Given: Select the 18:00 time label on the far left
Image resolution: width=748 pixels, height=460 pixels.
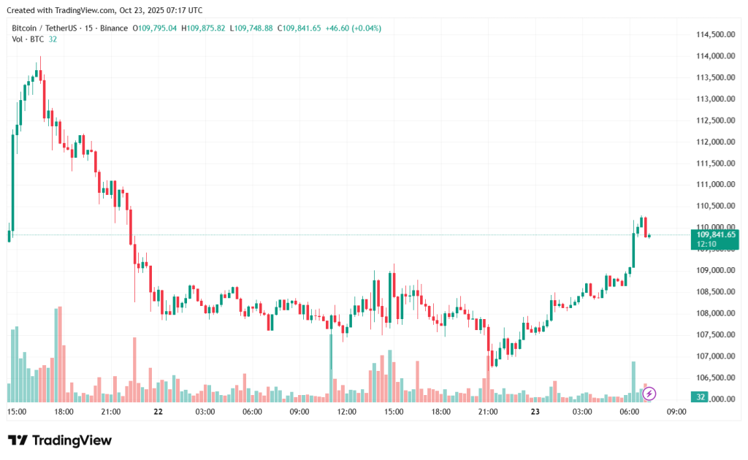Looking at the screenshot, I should click(x=64, y=412).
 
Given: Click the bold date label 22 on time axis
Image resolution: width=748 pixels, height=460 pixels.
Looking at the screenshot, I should click(x=158, y=412).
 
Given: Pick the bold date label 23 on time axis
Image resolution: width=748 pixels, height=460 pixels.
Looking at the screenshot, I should click(x=535, y=412).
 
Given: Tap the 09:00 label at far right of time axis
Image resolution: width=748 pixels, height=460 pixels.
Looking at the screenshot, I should click(x=676, y=412).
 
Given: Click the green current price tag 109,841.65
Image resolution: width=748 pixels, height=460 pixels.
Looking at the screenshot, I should click(x=715, y=235).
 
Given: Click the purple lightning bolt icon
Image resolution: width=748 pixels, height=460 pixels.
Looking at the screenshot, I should click(x=649, y=394).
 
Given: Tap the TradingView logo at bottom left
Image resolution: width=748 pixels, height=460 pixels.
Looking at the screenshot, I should click(x=60, y=440).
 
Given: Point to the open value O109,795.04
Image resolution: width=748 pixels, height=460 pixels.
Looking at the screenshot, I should click(x=155, y=28).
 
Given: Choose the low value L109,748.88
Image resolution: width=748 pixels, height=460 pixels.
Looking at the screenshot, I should click(x=251, y=28).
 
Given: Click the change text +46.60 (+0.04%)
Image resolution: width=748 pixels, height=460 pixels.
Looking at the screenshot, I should click(x=354, y=28).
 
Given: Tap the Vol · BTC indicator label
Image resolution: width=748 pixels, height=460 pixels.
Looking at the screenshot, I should click(x=28, y=39).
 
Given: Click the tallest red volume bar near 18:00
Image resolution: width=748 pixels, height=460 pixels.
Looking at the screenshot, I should click(x=60, y=354).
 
